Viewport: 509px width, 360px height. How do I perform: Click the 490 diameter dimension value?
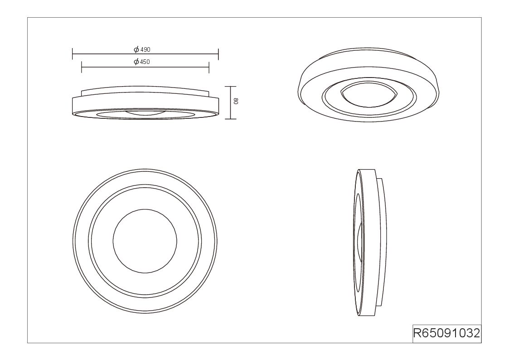tap(145, 50)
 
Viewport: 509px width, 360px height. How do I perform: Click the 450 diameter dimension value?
tap(145, 62)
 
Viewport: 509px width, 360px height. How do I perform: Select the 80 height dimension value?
tap(236, 101)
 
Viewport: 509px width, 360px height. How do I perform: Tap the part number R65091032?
tap(446, 333)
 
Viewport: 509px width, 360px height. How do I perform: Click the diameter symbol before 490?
tap(136, 50)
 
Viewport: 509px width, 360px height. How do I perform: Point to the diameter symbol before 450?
tap(136, 62)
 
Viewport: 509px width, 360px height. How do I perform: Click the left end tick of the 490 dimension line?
tap(73, 54)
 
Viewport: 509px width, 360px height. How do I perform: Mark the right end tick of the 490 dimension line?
tap(218, 54)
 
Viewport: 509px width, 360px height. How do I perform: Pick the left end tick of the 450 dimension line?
tap(82, 67)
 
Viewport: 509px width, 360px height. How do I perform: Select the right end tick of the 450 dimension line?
tap(209, 67)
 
